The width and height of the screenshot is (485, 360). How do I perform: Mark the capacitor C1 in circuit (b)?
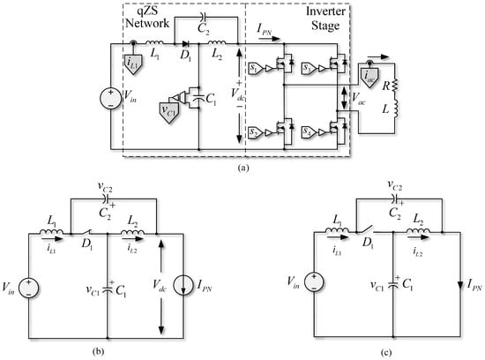108,288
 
